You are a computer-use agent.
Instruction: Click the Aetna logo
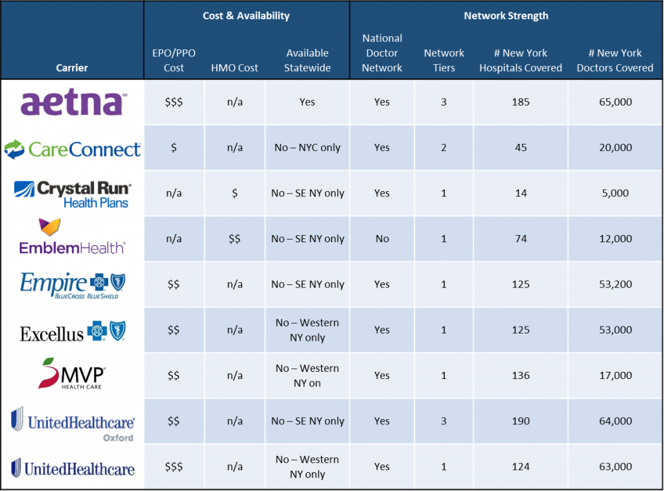(72, 103)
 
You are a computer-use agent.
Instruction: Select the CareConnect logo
(72, 149)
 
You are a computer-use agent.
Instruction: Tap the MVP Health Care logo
(72, 374)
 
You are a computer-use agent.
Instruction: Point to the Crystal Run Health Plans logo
(72, 194)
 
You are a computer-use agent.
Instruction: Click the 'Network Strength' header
(506, 16)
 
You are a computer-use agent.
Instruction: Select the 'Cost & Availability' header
(246, 16)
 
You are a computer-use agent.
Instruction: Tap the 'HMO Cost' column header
(235, 67)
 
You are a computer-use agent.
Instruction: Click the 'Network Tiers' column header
(444, 60)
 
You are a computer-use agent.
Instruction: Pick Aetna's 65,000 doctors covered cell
(615, 102)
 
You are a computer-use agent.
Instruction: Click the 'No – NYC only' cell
(307, 148)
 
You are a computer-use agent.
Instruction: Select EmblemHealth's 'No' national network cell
(382, 239)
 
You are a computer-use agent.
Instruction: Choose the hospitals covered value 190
(520, 421)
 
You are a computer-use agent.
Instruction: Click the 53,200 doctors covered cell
(615, 284)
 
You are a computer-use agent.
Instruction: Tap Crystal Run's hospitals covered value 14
(520, 193)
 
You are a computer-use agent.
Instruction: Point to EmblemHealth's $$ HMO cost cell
(235, 239)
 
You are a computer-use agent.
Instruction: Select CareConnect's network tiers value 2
(444, 148)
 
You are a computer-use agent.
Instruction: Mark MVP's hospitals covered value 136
(520, 376)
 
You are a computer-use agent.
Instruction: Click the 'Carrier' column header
(72, 67)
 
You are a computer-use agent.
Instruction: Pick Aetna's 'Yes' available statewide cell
(307, 102)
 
